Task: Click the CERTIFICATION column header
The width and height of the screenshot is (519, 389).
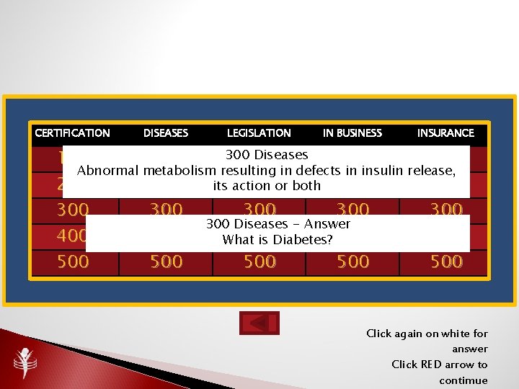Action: click(72, 133)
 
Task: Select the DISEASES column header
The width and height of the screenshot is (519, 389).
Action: click(166, 133)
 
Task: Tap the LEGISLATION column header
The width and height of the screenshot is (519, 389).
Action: click(259, 133)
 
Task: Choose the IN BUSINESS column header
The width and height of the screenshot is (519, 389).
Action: click(352, 133)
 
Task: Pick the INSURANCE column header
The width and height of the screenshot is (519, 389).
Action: click(445, 133)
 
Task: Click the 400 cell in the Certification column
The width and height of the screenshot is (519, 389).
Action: click(73, 236)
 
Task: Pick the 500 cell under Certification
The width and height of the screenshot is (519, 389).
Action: click(73, 261)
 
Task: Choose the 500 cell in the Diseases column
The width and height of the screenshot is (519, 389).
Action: click(166, 261)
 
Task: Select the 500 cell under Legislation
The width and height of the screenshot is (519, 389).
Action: click(259, 261)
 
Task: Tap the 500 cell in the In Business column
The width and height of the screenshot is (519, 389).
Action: click(353, 261)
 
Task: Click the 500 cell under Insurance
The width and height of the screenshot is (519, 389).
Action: click(446, 261)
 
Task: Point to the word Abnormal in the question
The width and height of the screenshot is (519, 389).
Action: click(108, 171)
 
